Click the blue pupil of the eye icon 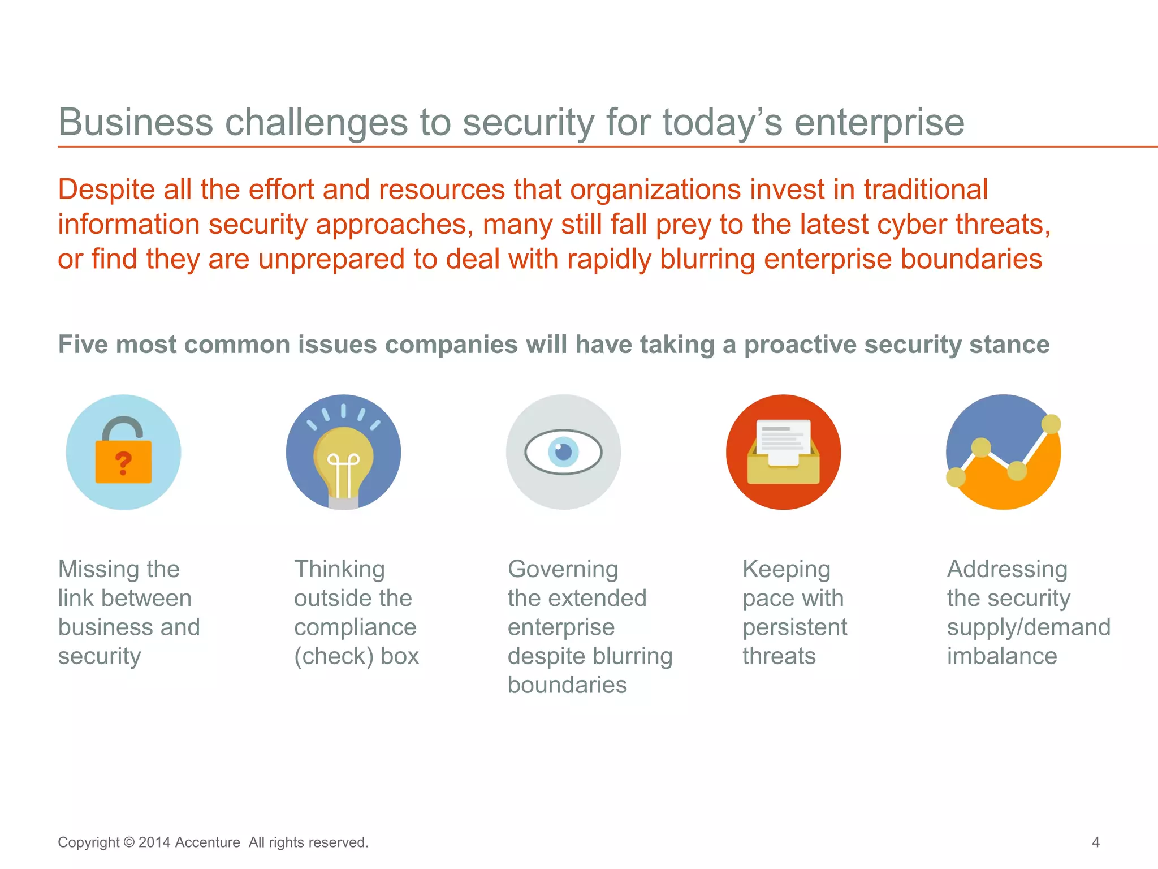pyautogui.click(x=563, y=452)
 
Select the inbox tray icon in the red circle pyautogui.click(x=783, y=453)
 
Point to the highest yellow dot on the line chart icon pyautogui.click(x=1051, y=424)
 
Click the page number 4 pyautogui.click(x=1095, y=842)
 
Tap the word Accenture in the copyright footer pyautogui.click(x=207, y=842)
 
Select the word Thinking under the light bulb pyautogui.click(x=339, y=569)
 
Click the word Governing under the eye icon pyautogui.click(x=563, y=569)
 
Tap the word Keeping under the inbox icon pyautogui.click(x=786, y=569)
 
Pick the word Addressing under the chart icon pyautogui.click(x=1007, y=569)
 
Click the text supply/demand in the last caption pyautogui.click(x=1029, y=627)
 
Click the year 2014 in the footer pyautogui.click(x=154, y=842)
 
